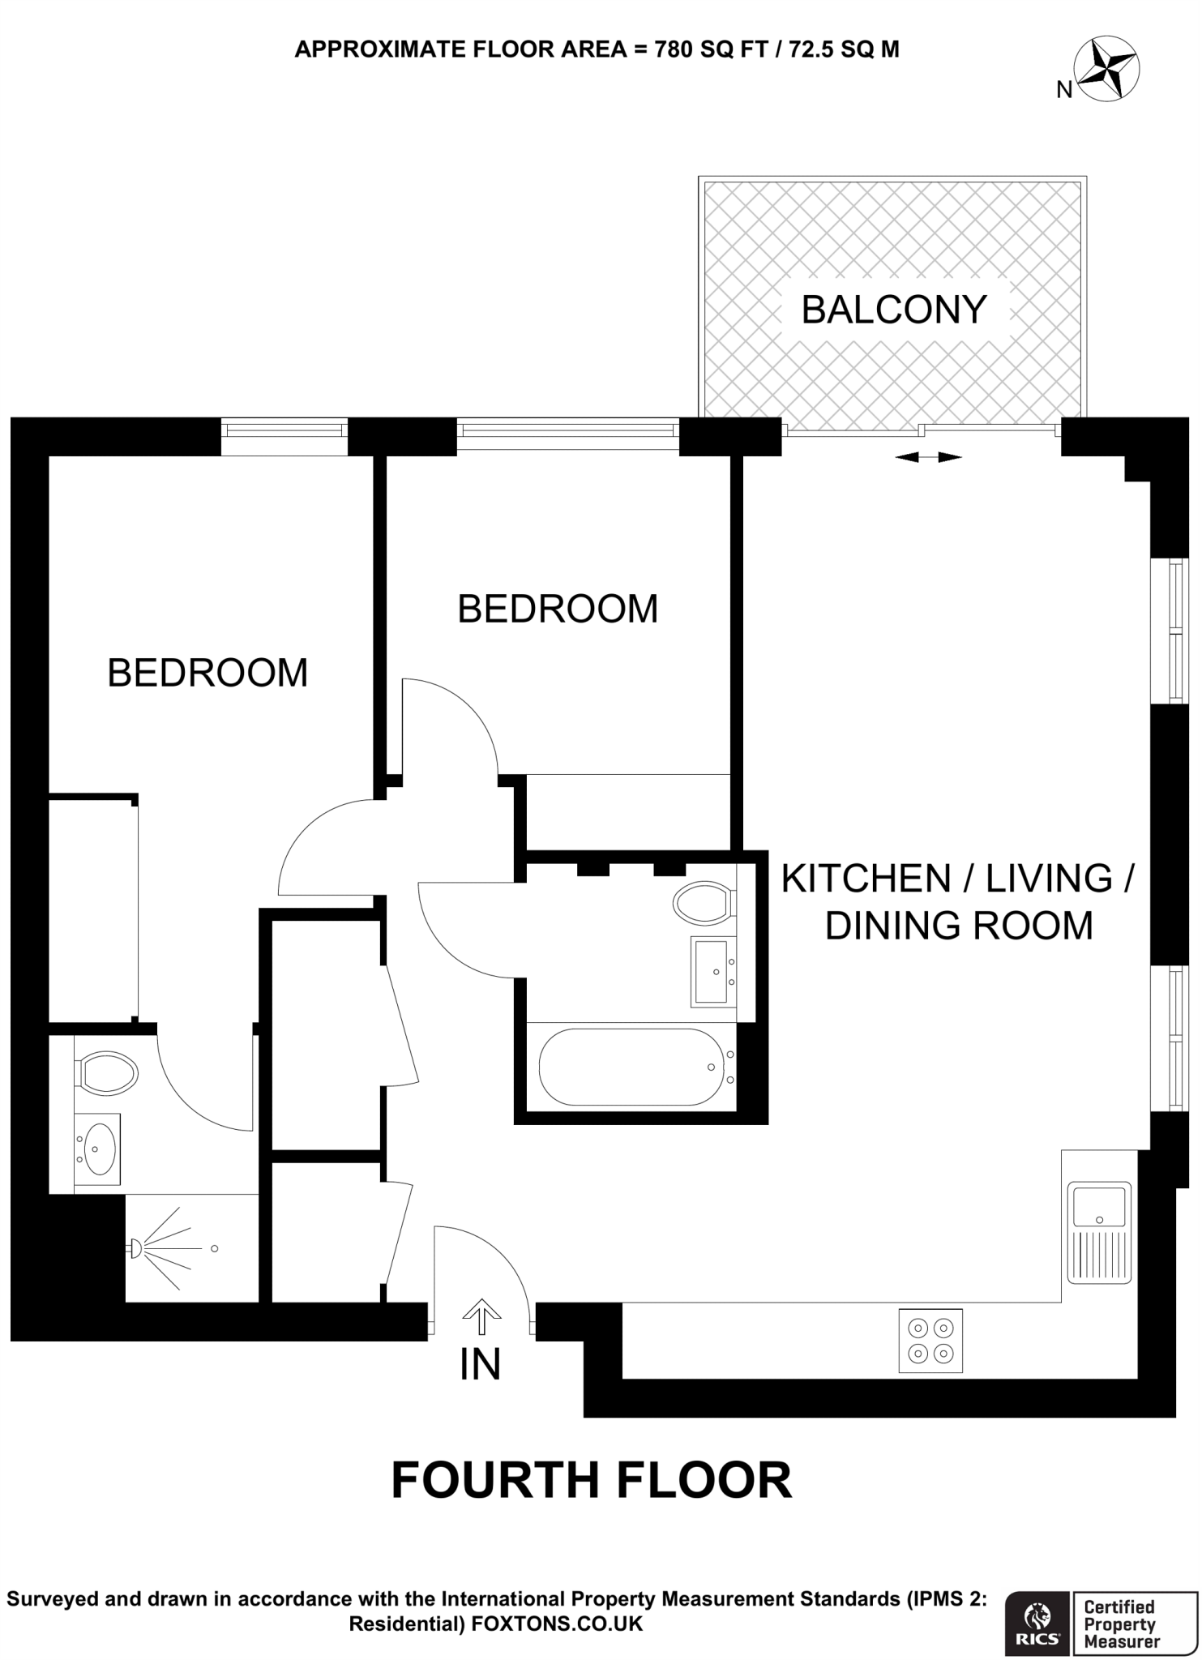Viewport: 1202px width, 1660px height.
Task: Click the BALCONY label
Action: pyautogui.click(x=893, y=310)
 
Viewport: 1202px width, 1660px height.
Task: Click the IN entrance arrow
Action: pyautogui.click(x=481, y=1316)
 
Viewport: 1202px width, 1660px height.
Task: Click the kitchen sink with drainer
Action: pyautogui.click(x=1099, y=1233)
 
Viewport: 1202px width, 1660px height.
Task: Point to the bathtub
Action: pyautogui.click(x=631, y=1067)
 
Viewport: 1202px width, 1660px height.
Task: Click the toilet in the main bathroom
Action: pyautogui.click(x=703, y=902)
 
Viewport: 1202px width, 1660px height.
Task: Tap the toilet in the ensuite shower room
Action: pyautogui.click(x=108, y=1072)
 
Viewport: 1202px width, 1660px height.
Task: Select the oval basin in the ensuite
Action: pyautogui.click(x=97, y=1148)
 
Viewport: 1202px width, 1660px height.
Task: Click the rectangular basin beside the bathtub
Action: pyautogui.click(x=712, y=971)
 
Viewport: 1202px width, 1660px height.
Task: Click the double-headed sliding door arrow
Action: pyautogui.click(x=928, y=458)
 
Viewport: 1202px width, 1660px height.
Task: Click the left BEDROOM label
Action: pyautogui.click(x=207, y=673)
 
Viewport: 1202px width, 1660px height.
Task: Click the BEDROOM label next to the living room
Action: pyautogui.click(x=558, y=609)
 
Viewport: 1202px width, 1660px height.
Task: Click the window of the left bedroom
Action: pyautogui.click(x=284, y=436)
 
